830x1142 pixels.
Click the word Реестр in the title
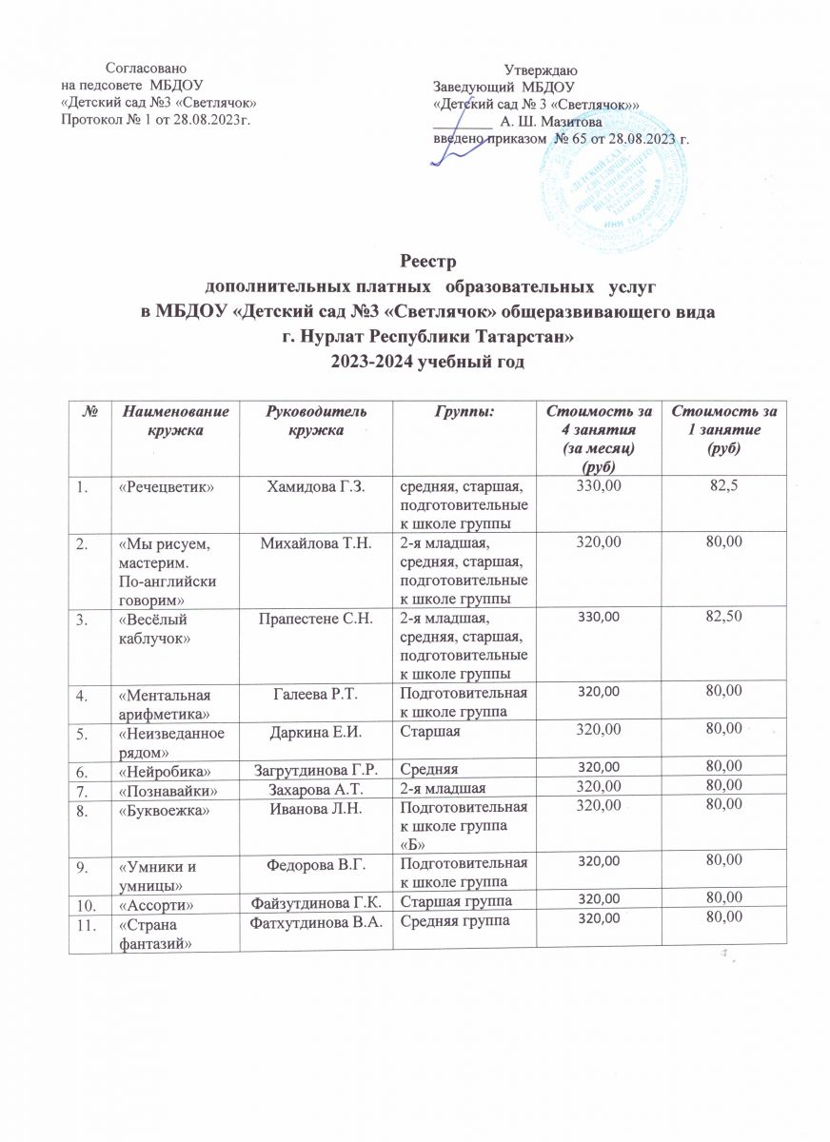pos(414,261)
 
